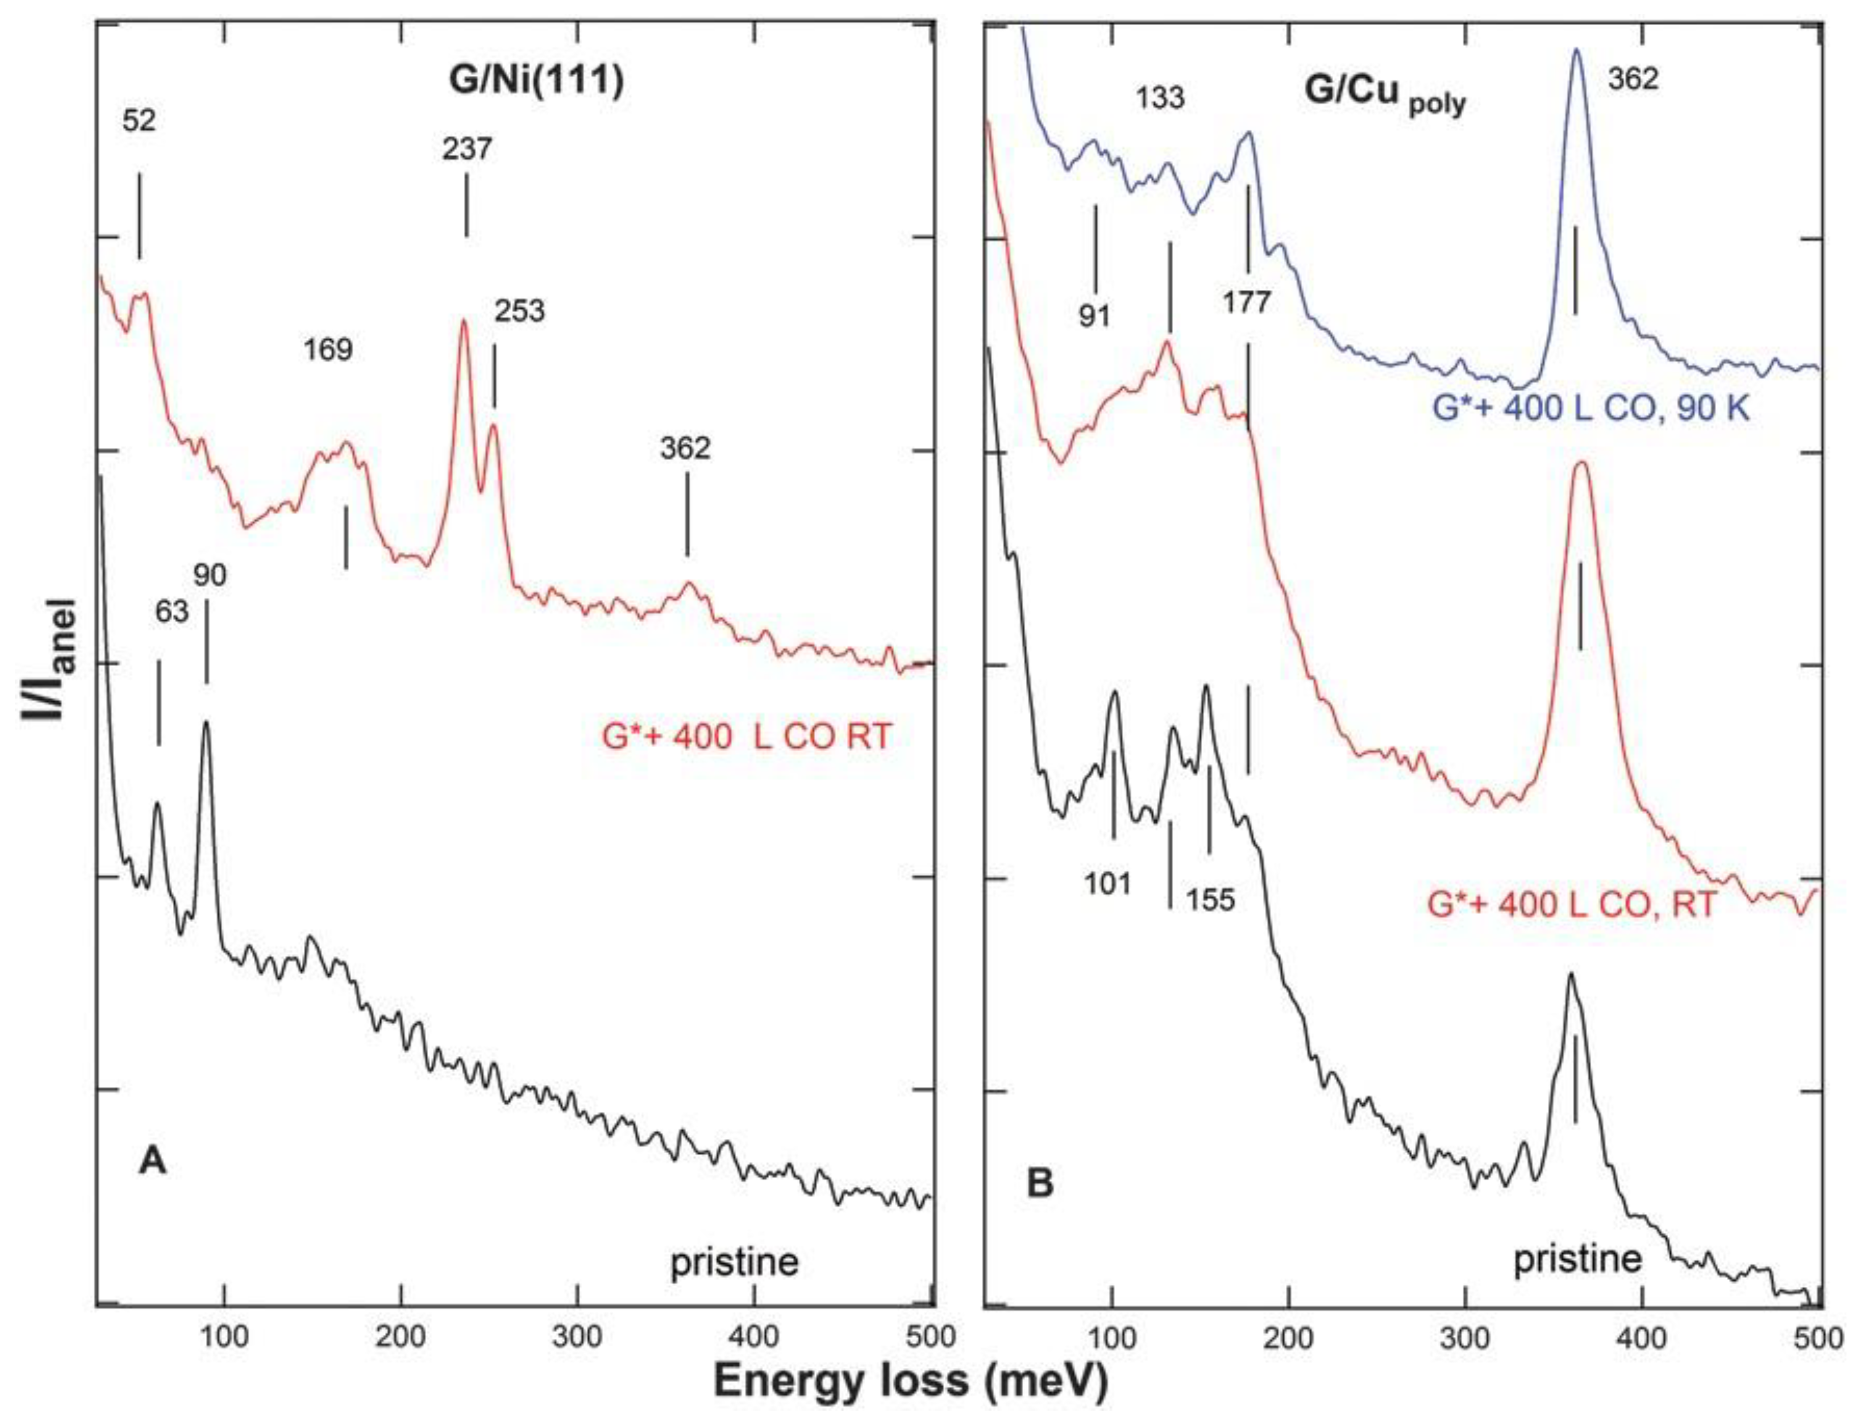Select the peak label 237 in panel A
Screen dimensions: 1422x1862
pos(466,149)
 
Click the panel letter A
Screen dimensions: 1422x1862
pos(153,1164)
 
